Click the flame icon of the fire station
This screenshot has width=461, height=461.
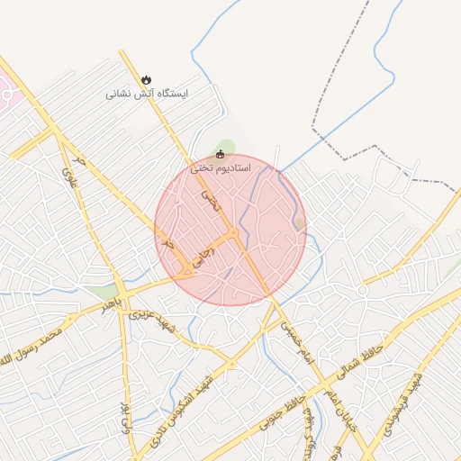point(147,80)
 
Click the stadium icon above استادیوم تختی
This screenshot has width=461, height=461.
point(221,154)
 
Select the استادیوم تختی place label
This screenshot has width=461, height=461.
point(221,167)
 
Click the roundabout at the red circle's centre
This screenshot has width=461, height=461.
point(232,235)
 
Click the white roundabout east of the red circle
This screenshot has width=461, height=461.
point(362,290)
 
